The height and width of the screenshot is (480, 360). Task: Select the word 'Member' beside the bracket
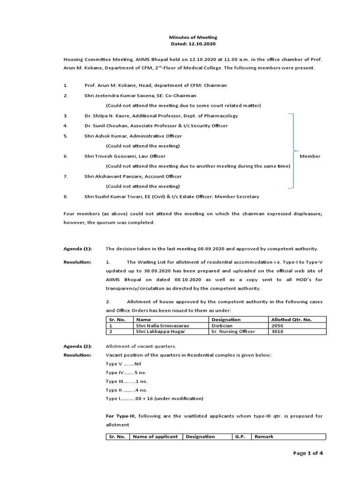310,156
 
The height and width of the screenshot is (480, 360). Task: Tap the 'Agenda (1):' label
78,248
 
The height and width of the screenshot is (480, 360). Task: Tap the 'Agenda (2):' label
78,346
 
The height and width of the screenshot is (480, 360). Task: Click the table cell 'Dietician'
222,325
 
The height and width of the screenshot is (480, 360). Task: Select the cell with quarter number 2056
278,325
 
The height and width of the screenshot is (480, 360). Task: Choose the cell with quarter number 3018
278,331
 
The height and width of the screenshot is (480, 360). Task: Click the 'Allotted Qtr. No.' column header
292,319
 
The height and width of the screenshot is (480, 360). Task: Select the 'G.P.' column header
240,436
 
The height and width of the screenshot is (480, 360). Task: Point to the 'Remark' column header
264,436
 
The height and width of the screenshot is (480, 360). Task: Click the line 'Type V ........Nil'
124,364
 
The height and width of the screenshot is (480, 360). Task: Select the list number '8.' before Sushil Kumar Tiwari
66,196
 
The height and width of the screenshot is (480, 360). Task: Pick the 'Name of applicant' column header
155,436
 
